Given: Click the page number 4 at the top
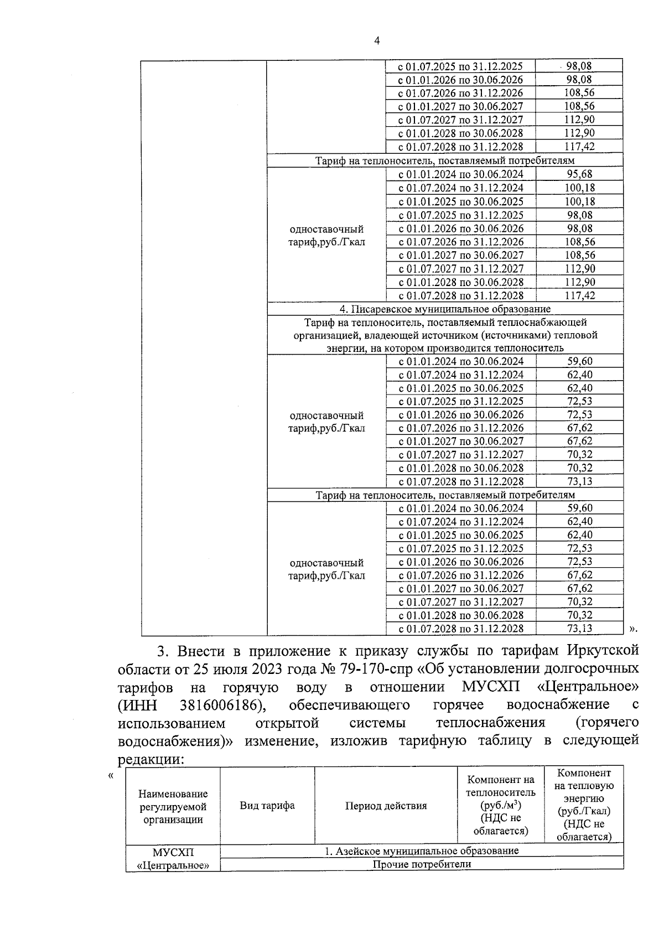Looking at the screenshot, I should coord(377,40).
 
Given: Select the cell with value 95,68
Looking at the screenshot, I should coord(579,174).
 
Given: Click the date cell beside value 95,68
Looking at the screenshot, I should coord(461,174).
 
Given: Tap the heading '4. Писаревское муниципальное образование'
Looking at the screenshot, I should coord(445,309).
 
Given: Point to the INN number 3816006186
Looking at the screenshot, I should coord(221,705).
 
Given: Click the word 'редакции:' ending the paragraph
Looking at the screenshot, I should coord(151,759).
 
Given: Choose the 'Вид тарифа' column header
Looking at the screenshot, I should coord(267,805).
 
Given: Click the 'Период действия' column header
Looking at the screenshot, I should coord(386,805).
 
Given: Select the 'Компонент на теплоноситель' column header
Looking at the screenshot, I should coord(501,805).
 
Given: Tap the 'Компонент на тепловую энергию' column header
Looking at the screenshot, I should coord(584,805).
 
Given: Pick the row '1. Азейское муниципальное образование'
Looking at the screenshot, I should coord(422,850).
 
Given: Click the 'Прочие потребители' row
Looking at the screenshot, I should coord(422,864).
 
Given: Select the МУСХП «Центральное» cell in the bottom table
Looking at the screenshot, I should coord(173,858).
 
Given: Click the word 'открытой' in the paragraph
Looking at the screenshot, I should coord(288,723).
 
